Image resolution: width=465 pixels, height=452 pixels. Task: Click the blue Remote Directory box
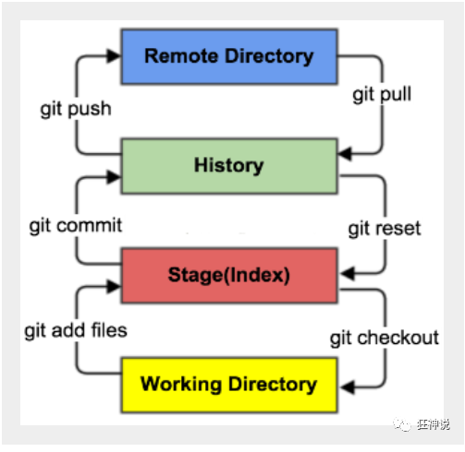coord(229,56)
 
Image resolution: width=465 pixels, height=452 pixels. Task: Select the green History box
coord(229,166)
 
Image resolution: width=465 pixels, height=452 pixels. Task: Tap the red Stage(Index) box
coord(229,276)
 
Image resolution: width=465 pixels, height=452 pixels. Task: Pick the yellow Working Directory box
coord(229,385)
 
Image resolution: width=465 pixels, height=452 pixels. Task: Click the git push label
coord(76,110)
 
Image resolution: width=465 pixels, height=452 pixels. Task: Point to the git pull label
coord(382,94)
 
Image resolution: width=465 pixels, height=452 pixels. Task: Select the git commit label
coord(76,226)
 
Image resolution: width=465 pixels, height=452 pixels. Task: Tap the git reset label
coord(385,229)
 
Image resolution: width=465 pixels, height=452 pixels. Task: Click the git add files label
coord(76,331)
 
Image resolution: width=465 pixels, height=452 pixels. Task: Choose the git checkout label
coord(385,339)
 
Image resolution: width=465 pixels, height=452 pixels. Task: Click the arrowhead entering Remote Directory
coord(114,56)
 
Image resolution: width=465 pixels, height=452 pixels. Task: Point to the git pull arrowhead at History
coord(345,153)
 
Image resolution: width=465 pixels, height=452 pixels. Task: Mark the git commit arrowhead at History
coord(114,177)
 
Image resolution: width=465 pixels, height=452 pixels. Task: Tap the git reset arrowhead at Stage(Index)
coord(348,273)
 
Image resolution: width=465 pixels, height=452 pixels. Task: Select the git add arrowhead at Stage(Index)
coord(114,286)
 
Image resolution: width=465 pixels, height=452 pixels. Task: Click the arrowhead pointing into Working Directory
coord(348,387)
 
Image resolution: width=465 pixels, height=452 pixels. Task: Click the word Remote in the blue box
coord(181,56)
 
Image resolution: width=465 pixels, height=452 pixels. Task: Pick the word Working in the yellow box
coord(181,385)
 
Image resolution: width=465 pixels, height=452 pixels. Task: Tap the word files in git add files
coord(109,330)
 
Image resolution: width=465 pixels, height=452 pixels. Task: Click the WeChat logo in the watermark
coord(402,425)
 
